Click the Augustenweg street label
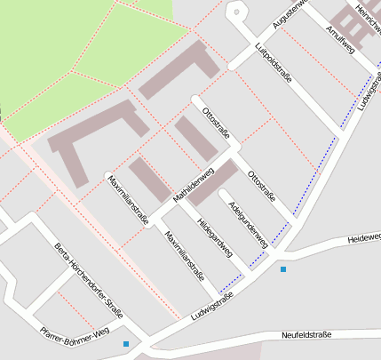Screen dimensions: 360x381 tap(289, 13)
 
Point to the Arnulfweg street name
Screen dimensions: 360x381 tap(340, 40)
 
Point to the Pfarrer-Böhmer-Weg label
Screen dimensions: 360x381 tap(75, 332)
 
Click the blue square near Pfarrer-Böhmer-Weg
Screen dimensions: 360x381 tap(126, 344)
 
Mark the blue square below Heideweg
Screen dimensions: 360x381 tap(283, 268)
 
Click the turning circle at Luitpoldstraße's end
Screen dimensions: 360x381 tap(235, 12)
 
